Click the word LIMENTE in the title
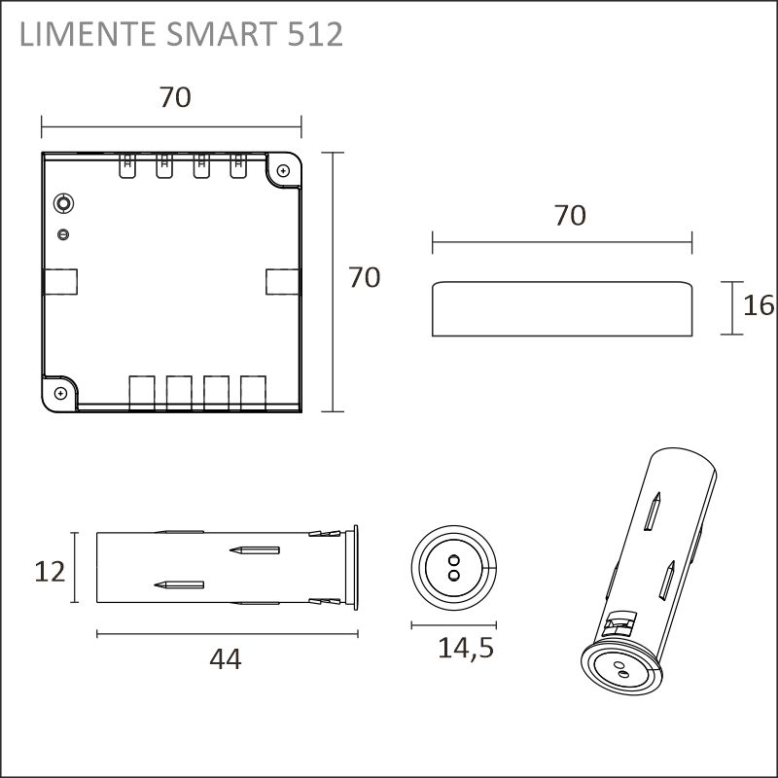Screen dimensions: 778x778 (x=88, y=34)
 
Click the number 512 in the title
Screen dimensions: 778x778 (x=315, y=34)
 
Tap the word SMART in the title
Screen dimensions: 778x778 (x=222, y=34)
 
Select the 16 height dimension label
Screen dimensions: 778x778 (x=759, y=305)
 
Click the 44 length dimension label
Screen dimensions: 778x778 (x=226, y=659)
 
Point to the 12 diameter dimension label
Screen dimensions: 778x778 (x=50, y=572)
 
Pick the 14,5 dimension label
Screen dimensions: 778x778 (x=466, y=648)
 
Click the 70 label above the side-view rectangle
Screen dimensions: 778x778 (x=570, y=215)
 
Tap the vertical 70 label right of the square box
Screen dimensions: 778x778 (x=364, y=277)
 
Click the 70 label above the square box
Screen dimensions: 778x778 (x=175, y=97)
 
